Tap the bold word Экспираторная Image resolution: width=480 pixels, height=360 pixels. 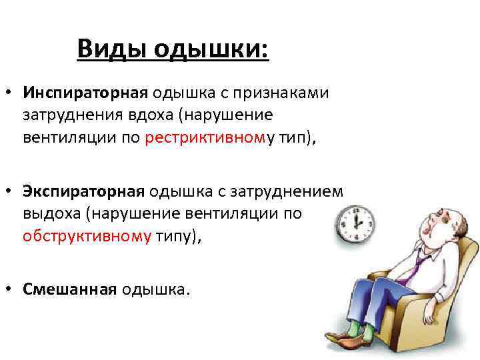click(x=83, y=192)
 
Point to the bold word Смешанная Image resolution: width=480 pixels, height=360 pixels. click(x=69, y=289)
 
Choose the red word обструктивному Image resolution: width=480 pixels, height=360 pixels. click(x=87, y=236)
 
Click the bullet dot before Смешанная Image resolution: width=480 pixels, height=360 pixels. click(x=11, y=290)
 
